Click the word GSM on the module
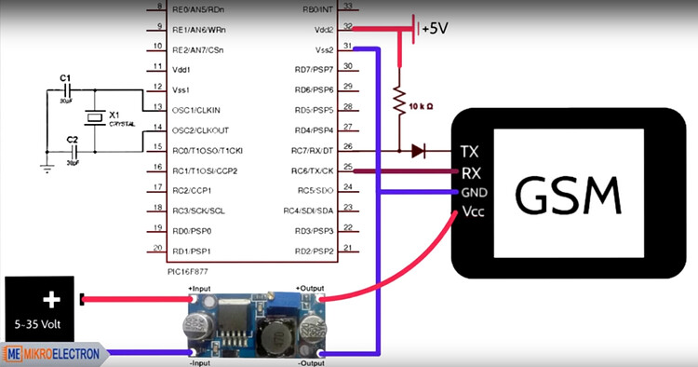(568, 196)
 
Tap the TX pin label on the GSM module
(470, 151)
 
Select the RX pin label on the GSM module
(471, 172)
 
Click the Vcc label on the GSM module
(473, 212)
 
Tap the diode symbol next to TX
(418, 150)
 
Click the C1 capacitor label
(64, 77)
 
